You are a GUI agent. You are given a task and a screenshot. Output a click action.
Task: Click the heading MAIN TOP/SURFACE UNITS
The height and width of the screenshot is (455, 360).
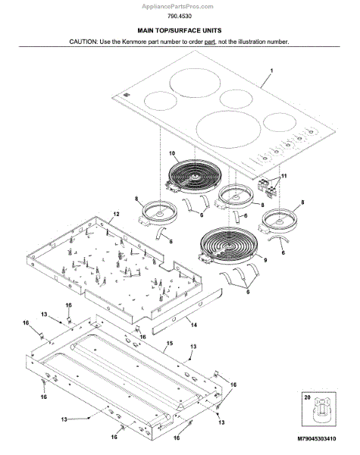[x=180, y=30]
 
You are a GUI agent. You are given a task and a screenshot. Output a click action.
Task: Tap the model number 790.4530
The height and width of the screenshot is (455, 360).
[x=180, y=16]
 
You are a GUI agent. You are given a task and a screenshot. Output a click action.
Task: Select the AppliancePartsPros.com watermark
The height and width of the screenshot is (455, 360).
[x=177, y=6]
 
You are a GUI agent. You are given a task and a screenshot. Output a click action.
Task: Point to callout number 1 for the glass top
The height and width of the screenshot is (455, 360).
[x=271, y=71]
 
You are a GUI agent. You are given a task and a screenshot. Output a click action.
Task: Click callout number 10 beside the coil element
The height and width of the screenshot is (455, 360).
[x=172, y=153]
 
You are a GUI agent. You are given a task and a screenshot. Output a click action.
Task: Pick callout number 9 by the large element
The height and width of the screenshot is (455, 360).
[x=265, y=260]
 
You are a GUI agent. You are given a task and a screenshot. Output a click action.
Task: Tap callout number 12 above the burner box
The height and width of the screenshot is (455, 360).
[x=116, y=214]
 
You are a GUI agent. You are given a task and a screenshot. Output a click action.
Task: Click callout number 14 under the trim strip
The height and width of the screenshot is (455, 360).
[x=193, y=325]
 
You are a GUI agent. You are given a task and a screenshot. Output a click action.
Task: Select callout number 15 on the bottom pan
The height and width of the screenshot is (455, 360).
[x=170, y=344]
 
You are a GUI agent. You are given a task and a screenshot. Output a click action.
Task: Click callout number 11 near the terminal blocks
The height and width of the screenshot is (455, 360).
[x=284, y=176]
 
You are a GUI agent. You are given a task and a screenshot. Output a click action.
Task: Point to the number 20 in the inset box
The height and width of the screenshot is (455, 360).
[x=307, y=397]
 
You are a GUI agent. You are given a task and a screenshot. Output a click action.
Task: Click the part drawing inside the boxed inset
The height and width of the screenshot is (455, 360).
[x=322, y=409]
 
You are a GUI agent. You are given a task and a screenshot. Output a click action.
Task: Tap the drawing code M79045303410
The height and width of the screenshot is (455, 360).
[x=317, y=438]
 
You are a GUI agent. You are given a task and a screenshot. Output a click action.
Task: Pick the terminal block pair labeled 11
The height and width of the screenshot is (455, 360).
[x=267, y=186]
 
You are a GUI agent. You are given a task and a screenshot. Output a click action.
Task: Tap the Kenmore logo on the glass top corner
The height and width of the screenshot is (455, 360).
[x=125, y=95]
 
